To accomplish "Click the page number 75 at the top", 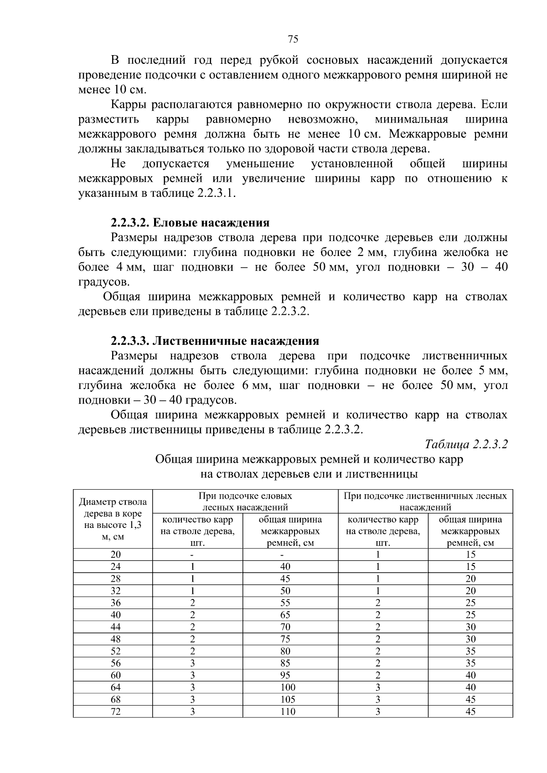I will tap(293, 39).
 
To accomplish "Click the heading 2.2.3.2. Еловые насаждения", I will tap(190, 223).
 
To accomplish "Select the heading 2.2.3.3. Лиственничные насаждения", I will tap(215, 341).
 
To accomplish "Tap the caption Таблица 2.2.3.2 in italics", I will tap(466, 444).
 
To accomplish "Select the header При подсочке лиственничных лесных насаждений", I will tap(425, 501).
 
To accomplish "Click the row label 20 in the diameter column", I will tap(116, 554).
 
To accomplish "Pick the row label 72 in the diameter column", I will tap(116, 712).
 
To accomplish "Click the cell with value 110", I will tap(288, 712).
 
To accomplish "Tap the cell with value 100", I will tap(288, 687).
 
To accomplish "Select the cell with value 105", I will tap(288, 699).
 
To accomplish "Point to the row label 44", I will tap(116, 627).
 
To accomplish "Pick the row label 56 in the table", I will tap(116, 663).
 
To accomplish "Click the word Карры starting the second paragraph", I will tap(127, 105).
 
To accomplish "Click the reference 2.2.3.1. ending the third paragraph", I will tap(217, 193).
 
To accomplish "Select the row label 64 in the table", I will tap(116, 687).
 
